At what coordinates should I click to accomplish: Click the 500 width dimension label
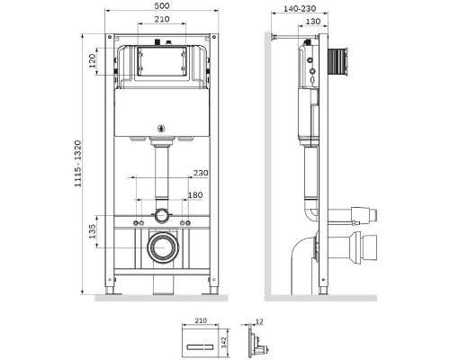(x=162, y=5)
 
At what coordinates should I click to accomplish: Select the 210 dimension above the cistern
(x=163, y=19)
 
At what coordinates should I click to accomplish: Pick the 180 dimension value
(x=195, y=193)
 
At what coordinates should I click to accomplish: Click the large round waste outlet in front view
(x=163, y=247)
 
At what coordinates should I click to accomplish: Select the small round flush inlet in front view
(x=161, y=215)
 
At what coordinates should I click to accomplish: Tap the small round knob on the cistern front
(x=163, y=126)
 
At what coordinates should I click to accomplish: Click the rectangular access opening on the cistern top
(x=163, y=60)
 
